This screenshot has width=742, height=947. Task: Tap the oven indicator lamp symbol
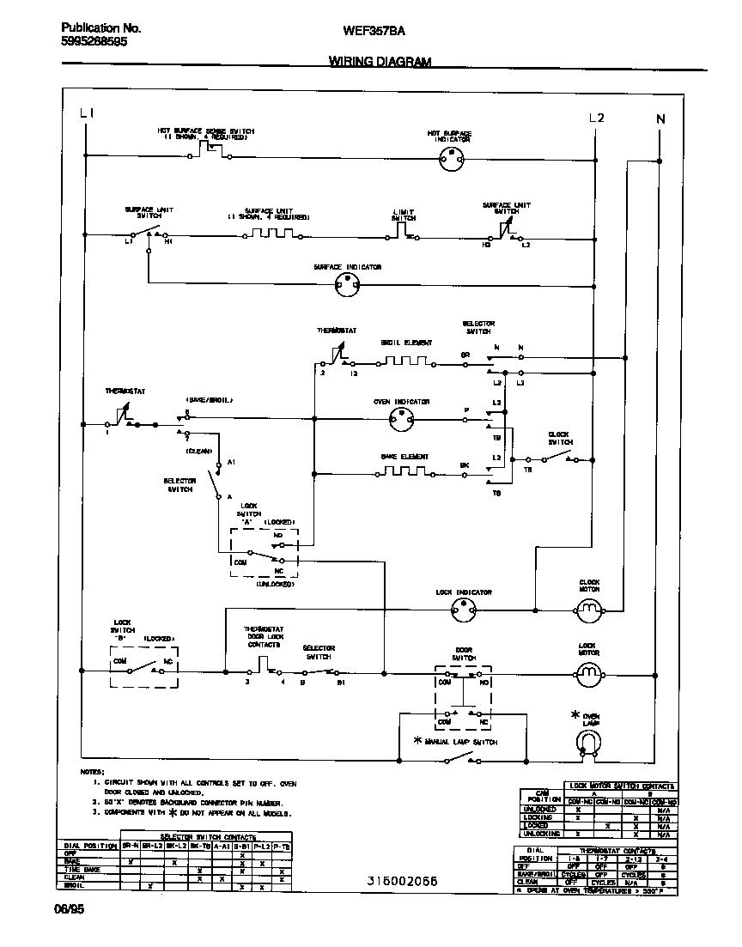point(402,420)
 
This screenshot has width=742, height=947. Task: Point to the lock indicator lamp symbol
point(464,610)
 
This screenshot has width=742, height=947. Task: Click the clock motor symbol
point(589,610)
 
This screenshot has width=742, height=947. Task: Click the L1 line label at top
point(87,114)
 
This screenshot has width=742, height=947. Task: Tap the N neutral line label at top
point(660,119)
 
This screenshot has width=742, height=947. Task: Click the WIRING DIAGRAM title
point(380,62)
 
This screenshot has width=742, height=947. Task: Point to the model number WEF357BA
point(374,30)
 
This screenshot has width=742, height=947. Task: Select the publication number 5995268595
point(94,40)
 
